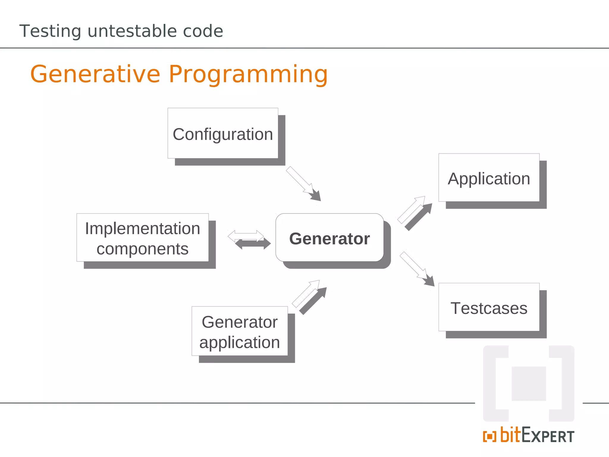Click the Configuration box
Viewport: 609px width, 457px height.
pos(223,134)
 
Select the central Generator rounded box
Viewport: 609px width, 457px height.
pos(329,238)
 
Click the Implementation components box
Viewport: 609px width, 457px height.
pos(142,238)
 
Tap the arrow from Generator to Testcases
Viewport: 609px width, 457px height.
pos(416,268)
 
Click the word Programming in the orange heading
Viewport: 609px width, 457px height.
pos(248,74)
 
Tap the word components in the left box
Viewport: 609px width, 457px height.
pos(142,249)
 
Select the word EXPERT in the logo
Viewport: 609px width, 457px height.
pos(548,436)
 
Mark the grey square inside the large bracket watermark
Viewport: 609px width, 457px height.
pos(528,384)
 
